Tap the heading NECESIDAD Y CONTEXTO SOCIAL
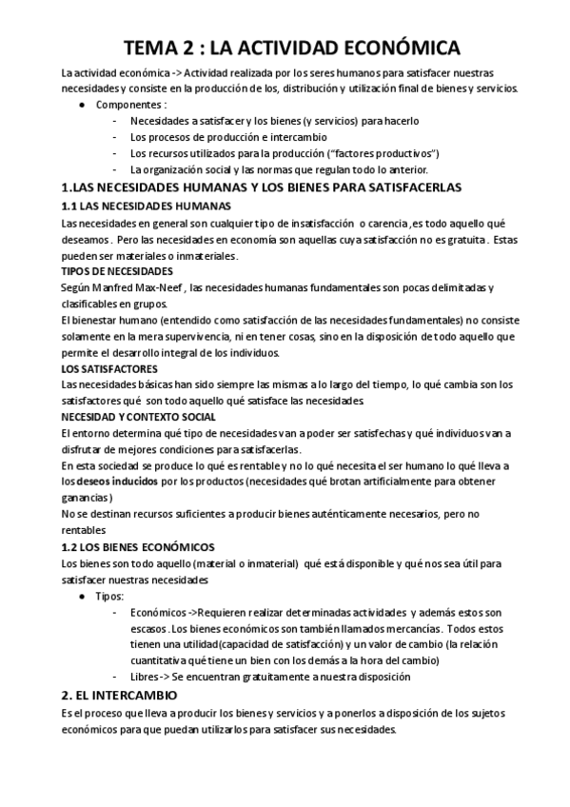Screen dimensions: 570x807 click(x=139, y=417)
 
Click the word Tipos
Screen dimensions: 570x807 click(x=109, y=596)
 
